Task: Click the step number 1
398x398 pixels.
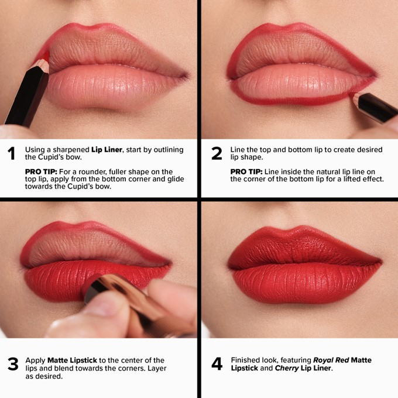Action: (x=11, y=154)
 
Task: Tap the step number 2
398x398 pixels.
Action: (x=217, y=154)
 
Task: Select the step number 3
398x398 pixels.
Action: (x=12, y=364)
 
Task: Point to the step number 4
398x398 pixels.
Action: (x=217, y=364)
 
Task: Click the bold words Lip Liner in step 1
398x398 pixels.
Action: (x=107, y=150)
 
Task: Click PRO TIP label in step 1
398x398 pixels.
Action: (x=40, y=171)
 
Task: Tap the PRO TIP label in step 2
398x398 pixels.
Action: (x=246, y=171)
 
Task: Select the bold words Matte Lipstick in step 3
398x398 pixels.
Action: (x=73, y=360)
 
